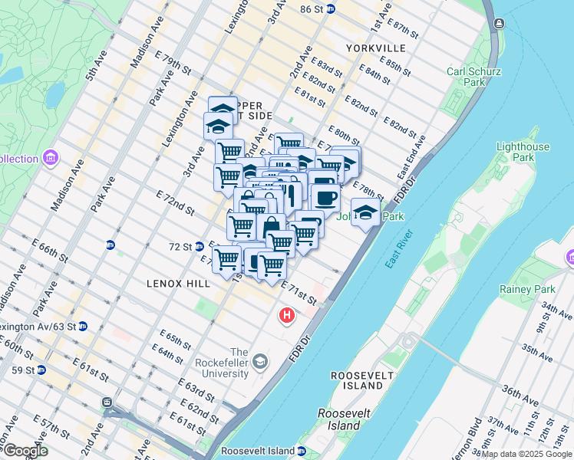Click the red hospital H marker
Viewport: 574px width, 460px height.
[288, 314]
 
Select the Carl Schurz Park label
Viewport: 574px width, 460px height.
[474, 77]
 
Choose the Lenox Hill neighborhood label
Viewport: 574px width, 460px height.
[178, 284]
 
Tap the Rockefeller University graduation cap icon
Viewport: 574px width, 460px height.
[261, 361]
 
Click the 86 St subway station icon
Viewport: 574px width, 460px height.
[331, 8]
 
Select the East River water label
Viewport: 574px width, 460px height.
[400, 249]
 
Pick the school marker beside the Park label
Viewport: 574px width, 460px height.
[365, 212]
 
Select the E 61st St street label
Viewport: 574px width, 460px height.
[93, 373]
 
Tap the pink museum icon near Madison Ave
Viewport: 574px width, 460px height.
[51, 158]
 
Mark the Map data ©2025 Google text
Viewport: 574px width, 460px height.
[527, 455]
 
